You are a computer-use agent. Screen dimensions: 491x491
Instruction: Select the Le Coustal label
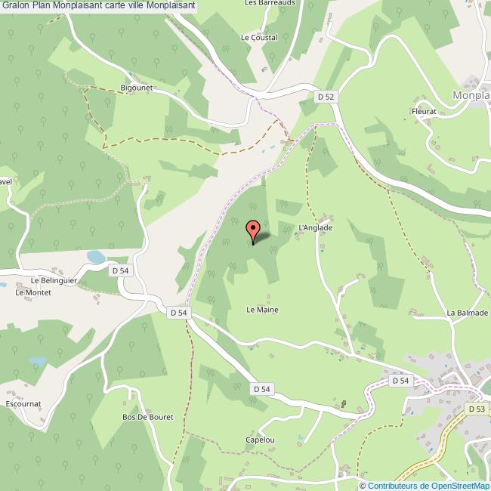click(x=259, y=37)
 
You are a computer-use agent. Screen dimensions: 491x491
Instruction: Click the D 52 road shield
click(x=326, y=97)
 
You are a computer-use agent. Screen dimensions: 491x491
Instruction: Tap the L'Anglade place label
click(x=316, y=227)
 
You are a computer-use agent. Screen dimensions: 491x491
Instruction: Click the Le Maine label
click(x=262, y=310)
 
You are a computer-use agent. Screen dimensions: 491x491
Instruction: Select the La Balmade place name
click(x=468, y=313)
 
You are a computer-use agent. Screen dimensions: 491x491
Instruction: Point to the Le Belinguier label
click(x=50, y=279)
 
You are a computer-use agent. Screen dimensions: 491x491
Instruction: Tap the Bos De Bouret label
click(x=148, y=417)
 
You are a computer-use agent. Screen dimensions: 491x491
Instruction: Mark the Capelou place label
click(x=259, y=440)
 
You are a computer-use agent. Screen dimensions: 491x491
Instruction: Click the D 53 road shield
click(x=476, y=409)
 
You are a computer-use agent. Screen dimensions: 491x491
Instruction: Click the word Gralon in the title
click(x=16, y=5)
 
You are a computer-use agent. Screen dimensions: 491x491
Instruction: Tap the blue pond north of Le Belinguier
click(x=96, y=258)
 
